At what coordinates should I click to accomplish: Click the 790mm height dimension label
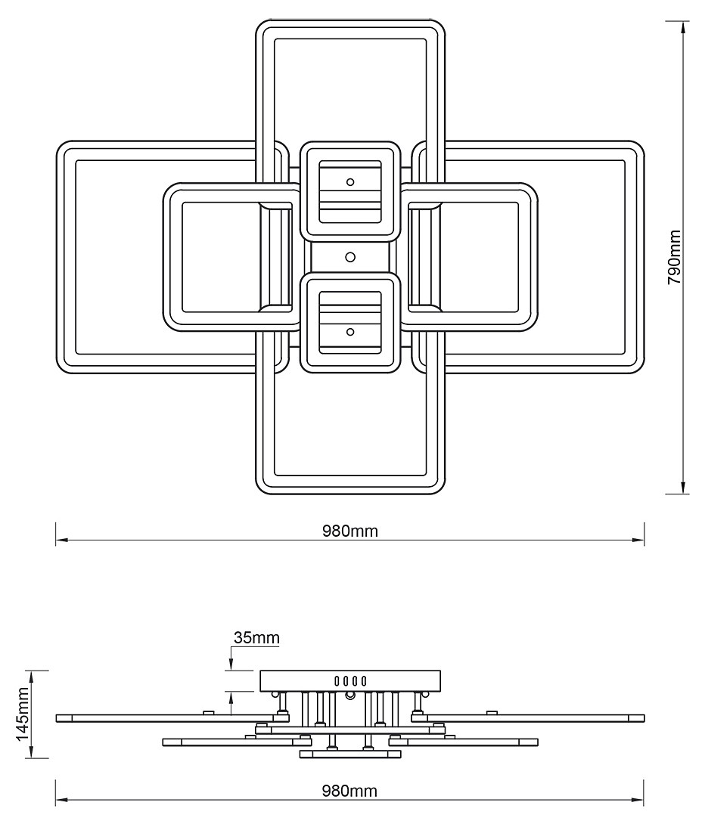point(675,257)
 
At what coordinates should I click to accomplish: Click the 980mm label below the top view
point(349,531)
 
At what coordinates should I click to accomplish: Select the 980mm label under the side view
point(349,791)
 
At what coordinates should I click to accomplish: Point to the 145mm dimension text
point(23,714)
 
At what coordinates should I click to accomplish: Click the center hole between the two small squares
point(349,257)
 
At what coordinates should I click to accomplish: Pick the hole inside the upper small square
point(349,182)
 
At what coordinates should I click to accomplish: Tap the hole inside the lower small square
point(349,331)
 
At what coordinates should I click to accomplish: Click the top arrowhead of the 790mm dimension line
point(685,27)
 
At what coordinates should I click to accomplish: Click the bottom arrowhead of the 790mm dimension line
point(685,487)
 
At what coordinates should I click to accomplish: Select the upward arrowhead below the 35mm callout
point(231,699)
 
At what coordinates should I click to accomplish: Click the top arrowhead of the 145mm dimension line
point(30,676)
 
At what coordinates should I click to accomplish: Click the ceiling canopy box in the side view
point(349,680)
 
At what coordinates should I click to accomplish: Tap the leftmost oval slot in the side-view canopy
point(337,680)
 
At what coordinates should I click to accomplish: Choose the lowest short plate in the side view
point(349,754)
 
